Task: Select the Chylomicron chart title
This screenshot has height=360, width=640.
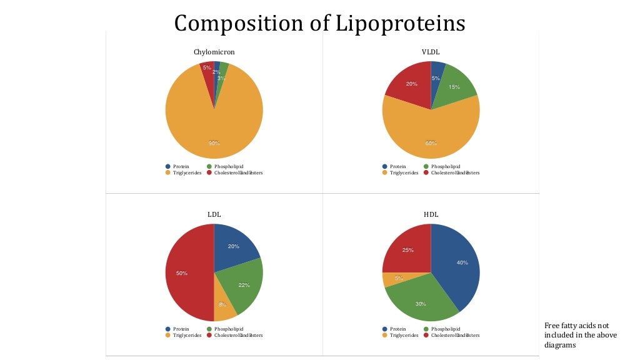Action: (x=214, y=52)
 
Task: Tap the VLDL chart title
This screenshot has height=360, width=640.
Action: (x=431, y=52)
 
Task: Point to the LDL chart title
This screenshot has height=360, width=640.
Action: (x=214, y=214)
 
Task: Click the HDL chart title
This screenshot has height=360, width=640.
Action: (x=431, y=214)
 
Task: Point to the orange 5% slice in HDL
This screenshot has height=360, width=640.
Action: (x=394, y=279)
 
